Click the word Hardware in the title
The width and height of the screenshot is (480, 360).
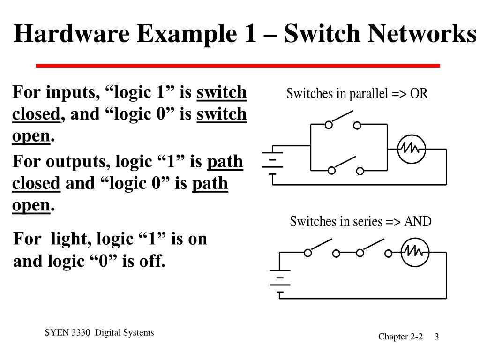pos(67,34)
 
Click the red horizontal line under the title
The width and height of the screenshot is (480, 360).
pos(238,66)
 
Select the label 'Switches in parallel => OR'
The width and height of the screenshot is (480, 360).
pos(357,94)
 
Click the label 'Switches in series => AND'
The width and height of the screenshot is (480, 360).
pos(360,221)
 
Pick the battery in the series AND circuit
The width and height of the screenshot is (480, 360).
pos(280,281)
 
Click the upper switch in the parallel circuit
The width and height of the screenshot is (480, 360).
pos(343,121)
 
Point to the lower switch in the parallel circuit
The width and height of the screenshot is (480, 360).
pos(345,165)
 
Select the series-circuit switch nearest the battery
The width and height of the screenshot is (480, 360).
pos(322,249)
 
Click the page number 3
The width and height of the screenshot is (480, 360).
pos(436,337)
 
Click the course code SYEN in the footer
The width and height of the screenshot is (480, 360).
pos(54,333)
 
